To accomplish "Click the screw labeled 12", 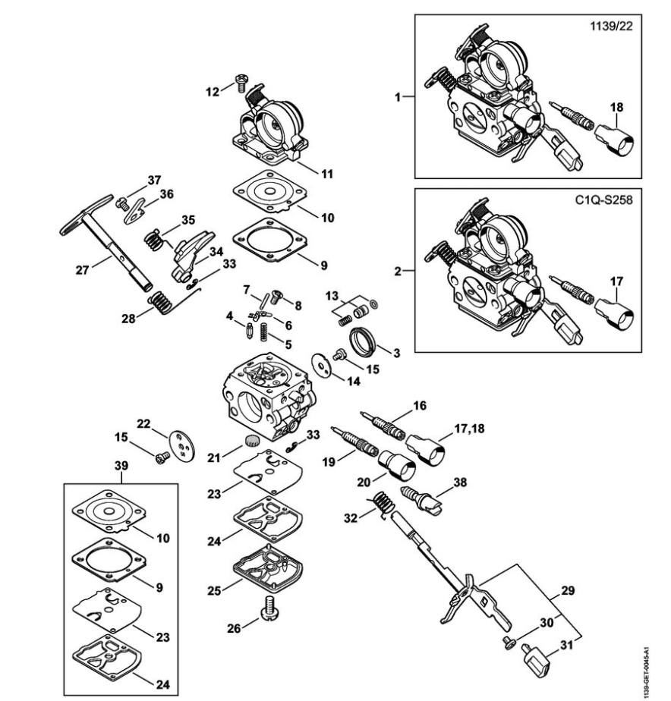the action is (x=241, y=82).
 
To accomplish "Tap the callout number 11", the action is (x=327, y=174).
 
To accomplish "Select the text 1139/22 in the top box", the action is (x=612, y=26).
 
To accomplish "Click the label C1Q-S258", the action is (x=604, y=200).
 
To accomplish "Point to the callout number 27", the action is (x=82, y=270).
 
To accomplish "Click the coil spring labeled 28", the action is (x=161, y=302).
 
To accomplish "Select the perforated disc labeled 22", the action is (x=182, y=445).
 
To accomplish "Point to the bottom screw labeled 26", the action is (x=269, y=609).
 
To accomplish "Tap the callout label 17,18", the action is (x=469, y=429).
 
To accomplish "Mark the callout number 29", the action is (x=567, y=590).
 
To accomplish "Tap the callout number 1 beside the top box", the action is (x=398, y=96).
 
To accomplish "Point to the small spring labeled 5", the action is (x=264, y=332).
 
